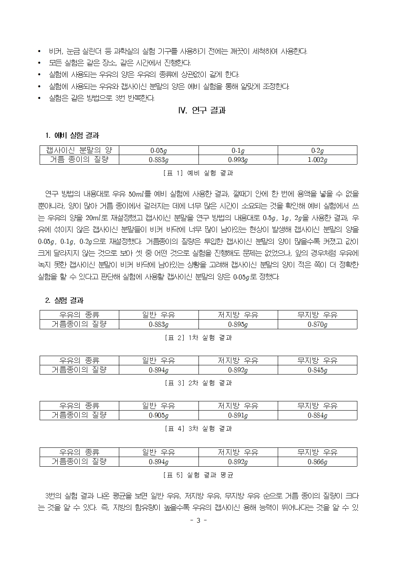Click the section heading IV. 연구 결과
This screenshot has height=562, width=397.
pyautogui.click(x=202, y=111)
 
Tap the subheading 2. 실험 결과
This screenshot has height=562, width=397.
pyautogui.click(x=64, y=300)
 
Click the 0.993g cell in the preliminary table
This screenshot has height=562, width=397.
pyautogui.click(x=238, y=160)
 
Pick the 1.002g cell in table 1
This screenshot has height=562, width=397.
pyautogui.click(x=317, y=160)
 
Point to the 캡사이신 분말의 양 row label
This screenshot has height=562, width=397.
pyautogui.click(x=79, y=150)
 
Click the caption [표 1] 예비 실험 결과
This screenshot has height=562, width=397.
pyautogui.click(x=198, y=173)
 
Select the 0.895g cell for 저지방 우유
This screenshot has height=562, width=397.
pyautogui.click(x=238, y=324)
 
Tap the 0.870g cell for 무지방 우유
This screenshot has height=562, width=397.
pyautogui.click(x=317, y=324)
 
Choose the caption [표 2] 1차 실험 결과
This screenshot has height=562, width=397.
pyautogui.click(x=198, y=338)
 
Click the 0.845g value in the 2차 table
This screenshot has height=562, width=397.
pyautogui.click(x=317, y=370)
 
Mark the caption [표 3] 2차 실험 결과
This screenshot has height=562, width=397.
pyautogui.click(x=198, y=383)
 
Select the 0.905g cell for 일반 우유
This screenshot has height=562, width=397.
pyautogui.click(x=158, y=415)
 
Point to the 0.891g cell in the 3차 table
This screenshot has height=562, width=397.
pyautogui.click(x=238, y=415)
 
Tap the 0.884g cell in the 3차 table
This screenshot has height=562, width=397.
pyautogui.click(x=317, y=415)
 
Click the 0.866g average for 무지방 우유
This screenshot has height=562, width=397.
pyautogui.click(x=317, y=462)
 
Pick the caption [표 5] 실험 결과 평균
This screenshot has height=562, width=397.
pyautogui.click(x=198, y=475)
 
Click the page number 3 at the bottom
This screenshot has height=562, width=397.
pyautogui.click(x=198, y=521)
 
